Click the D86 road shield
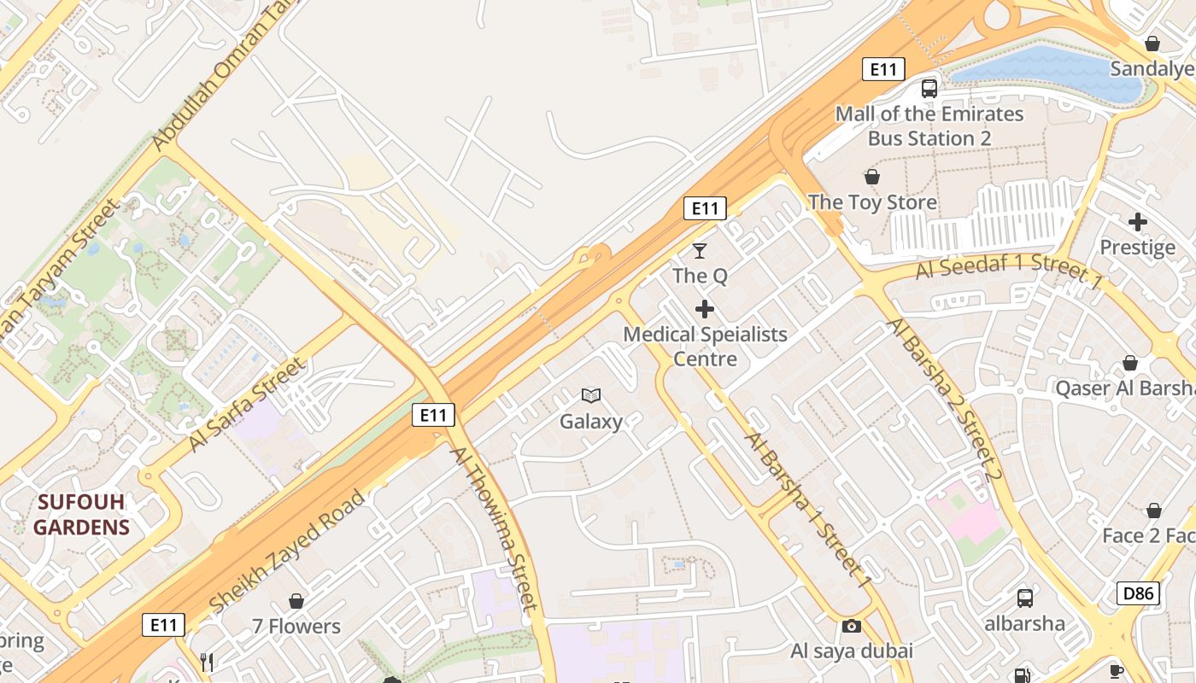[1138, 593]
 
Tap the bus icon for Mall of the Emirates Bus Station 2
[929, 88]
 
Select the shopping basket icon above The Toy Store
[872, 177]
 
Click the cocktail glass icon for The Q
[700, 250]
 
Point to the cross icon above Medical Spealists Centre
[705, 308]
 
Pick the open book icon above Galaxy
[591, 395]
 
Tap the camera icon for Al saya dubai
[851, 626]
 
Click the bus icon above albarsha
[1024, 598]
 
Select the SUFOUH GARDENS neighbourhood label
[81, 514]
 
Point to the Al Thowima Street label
[495, 529]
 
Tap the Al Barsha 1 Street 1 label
[808, 510]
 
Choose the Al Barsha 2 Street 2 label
[943, 400]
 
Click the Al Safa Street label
[246, 404]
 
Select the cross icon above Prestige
[1137, 222]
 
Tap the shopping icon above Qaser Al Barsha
[1130, 363]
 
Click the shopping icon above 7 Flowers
[296, 601]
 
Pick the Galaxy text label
[591, 421]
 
